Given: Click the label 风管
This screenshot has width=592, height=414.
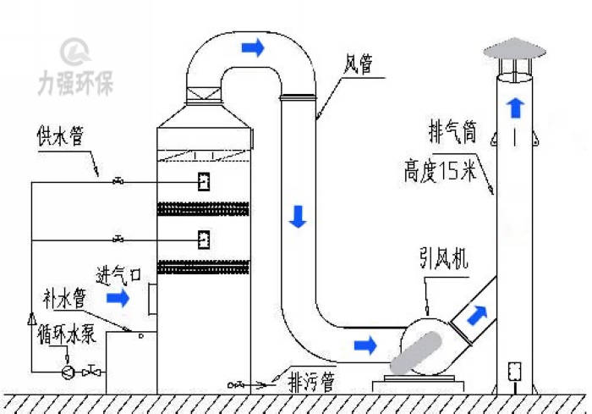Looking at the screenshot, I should [358, 64].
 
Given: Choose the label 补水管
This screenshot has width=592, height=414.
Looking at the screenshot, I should [63, 298].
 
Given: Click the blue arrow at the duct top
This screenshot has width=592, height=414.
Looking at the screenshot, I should [252, 48].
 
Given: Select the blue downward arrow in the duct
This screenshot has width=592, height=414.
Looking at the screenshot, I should [297, 216].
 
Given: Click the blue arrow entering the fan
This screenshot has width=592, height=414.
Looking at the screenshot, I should [365, 345].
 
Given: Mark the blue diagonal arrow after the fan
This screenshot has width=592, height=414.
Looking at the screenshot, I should [477, 315].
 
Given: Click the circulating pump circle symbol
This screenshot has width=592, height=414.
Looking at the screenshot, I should [68, 370].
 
